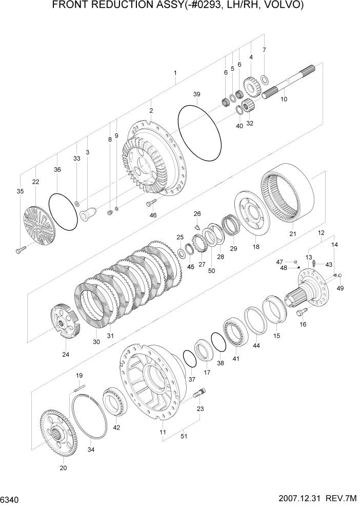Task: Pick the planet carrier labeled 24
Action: pos(65,321)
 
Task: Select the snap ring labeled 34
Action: pos(90,416)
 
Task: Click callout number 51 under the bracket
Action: pos(183,436)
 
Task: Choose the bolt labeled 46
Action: pos(151,203)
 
